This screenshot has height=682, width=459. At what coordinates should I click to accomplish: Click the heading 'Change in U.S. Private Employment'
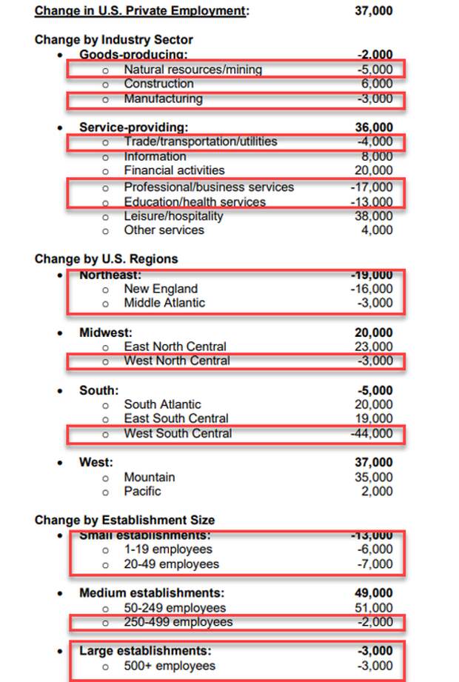141,11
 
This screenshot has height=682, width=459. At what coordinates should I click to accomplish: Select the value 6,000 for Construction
377,84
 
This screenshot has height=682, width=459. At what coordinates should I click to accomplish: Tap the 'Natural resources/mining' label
192,70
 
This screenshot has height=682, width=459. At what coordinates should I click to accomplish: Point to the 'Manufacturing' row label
163,99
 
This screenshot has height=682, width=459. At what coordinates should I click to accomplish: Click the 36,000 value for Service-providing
374,127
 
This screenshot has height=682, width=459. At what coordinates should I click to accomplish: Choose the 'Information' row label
155,156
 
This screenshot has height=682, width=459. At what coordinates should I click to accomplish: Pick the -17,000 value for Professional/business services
372,187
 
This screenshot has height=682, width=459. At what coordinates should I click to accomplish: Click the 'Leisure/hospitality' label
173,216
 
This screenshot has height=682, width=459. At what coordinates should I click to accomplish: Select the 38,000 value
374,216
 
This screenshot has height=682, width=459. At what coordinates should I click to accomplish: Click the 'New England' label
161,289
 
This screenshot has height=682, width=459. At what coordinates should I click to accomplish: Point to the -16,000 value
372,289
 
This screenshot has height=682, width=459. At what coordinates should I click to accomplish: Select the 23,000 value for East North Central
374,347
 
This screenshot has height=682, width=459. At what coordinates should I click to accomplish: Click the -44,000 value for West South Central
372,434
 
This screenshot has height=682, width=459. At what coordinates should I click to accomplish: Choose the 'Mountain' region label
149,478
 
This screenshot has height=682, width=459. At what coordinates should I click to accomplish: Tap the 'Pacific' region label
142,492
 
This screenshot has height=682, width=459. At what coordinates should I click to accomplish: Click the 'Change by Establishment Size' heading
124,521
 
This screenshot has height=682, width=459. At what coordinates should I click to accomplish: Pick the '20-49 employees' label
171,564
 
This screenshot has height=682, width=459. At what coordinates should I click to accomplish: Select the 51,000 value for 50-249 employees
374,608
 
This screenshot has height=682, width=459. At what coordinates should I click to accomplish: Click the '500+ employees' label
170,666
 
